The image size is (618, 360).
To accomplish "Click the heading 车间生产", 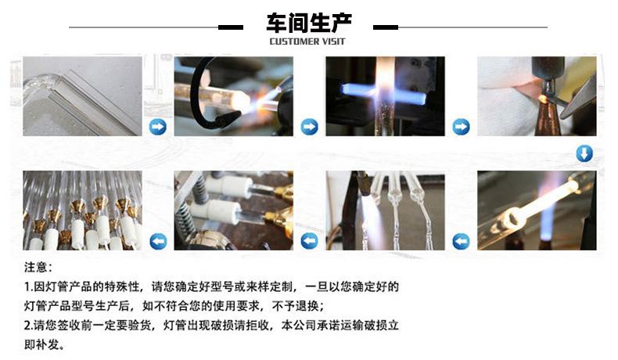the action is point(308,23).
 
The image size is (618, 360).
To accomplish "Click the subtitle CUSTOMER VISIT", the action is point(307,41).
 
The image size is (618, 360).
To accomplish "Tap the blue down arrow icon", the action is point(584,153).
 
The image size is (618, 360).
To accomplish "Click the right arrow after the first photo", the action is point(158,127).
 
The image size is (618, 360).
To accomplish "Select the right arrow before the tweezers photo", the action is point(461,127).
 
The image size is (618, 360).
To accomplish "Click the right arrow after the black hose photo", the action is point(310,127).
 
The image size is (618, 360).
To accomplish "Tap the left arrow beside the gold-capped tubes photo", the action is point(158,241).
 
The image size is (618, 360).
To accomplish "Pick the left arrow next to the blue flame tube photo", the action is point(461,241).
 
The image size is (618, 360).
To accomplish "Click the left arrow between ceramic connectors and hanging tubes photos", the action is point(310,241).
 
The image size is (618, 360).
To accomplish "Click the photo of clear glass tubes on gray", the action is point(82,96).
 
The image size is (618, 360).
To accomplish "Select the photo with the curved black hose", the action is point(234,96).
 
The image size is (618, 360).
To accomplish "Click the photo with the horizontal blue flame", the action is point(385,96).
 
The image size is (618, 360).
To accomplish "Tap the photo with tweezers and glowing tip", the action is point(537,96).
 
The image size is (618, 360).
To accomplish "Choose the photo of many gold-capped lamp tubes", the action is point(82,211).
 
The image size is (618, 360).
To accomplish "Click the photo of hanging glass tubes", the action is point(385,211).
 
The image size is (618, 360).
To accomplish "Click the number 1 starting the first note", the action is point(27,286).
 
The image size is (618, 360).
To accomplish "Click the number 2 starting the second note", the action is point(27,326).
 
